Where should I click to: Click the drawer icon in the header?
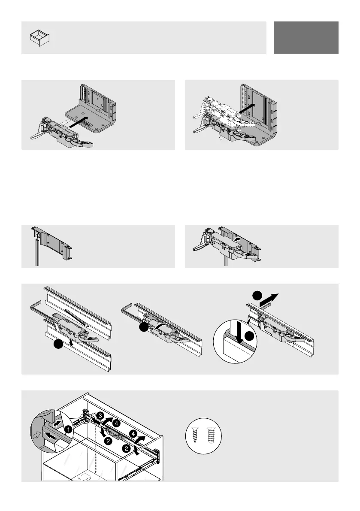tap(39, 38)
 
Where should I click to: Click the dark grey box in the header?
tap(306, 38)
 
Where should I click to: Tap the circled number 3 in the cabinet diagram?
tap(99, 416)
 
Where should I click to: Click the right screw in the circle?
tap(211, 433)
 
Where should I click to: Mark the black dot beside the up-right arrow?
tap(257, 296)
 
